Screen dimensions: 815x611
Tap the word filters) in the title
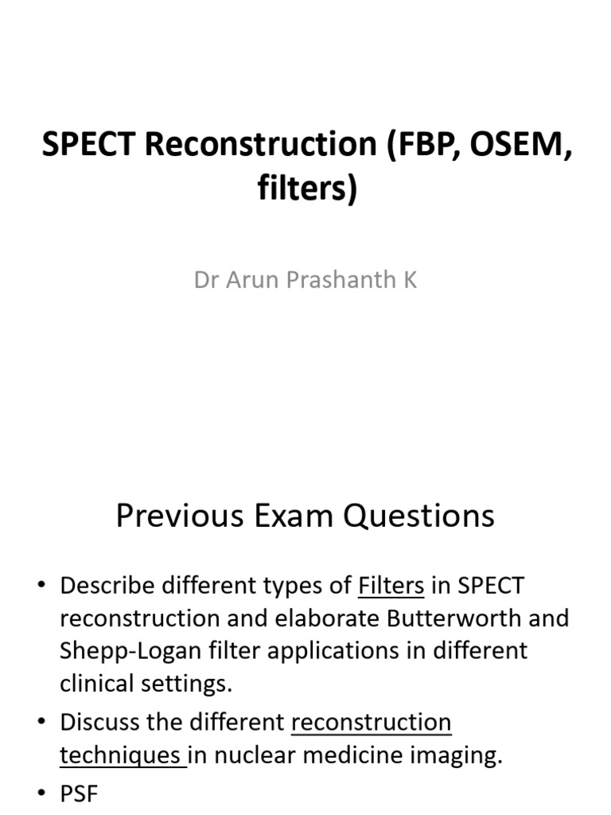pyautogui.click(x=306, y=189)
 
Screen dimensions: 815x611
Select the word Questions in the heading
pyautogui.click(x=418, y=516)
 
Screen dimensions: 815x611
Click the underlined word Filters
pyautogui.click(x=391, y=587)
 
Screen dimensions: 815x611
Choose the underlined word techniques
pyautogui.click(x=120, y=755)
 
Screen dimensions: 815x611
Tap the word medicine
pyautogui.click(x=356, y=755)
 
